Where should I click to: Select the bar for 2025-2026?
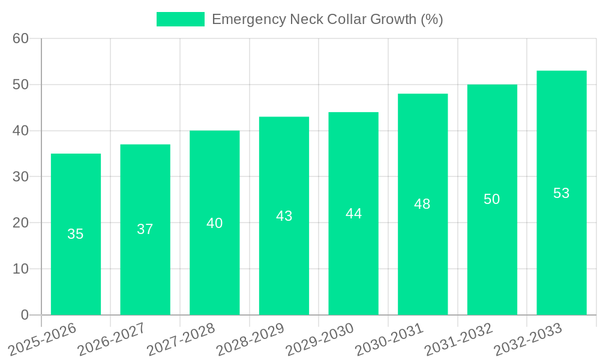[76, 234]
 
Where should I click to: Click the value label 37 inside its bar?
[145, 229]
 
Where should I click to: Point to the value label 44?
[353, 214]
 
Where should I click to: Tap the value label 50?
[492, 200]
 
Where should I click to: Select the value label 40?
[215, 223]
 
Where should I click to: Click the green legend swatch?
[180, 19]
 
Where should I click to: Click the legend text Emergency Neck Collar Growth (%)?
[327, 19]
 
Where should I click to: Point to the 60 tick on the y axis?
[20, 38]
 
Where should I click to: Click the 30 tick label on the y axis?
[20, 176]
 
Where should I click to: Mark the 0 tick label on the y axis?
[25, 315]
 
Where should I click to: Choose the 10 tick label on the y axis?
[20, 269]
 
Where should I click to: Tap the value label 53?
[562, 193]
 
